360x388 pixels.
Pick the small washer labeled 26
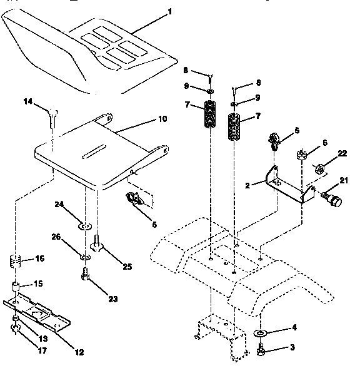click(84, 257)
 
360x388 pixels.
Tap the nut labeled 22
click(317, 168)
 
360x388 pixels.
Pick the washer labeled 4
click(260, 331)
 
